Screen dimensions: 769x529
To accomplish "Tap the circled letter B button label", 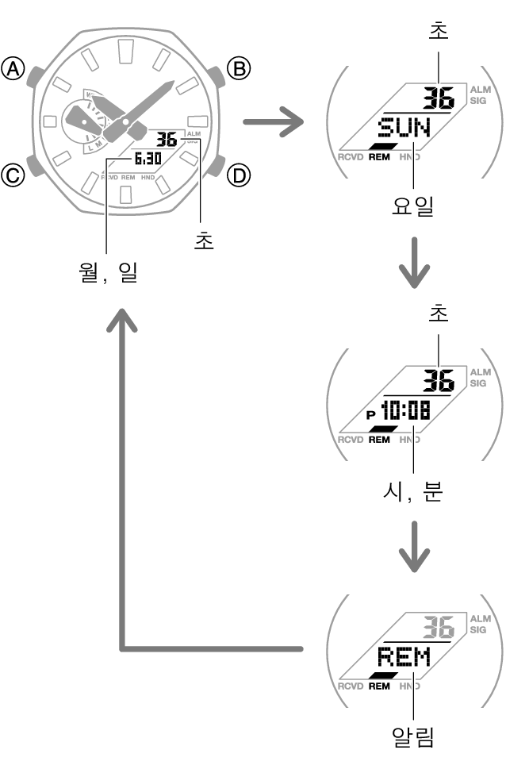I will (x=237, y=69).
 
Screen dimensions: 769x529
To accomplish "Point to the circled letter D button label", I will (x=237, y=175).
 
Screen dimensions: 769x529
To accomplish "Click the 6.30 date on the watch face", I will (x=148, y=159).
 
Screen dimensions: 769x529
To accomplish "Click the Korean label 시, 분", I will (x=411, y=493).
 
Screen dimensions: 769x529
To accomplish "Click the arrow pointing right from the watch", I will (x=273, y=123).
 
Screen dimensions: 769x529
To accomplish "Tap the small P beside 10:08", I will (x=370, y=414).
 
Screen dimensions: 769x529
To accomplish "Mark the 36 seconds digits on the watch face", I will (x=166, y=140).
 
